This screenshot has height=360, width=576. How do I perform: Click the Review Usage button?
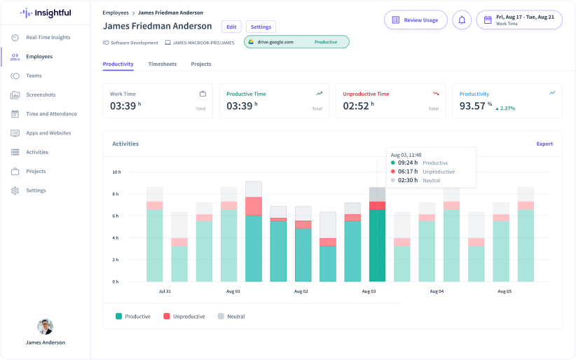416,20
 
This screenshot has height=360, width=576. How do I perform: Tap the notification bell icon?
462,20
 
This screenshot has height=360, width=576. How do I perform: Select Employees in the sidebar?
39,57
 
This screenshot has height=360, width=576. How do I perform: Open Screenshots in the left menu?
41,95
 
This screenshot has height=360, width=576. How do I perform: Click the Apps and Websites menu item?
48,133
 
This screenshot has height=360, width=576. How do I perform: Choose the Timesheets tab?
162,64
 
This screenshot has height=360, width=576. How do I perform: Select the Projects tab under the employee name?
201,64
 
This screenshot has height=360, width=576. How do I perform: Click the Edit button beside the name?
231,27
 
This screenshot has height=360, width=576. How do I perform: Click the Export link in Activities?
544,144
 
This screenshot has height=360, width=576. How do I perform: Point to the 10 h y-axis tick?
116,172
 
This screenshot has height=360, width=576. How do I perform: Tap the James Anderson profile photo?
45,326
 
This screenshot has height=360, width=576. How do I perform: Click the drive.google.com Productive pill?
296,42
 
